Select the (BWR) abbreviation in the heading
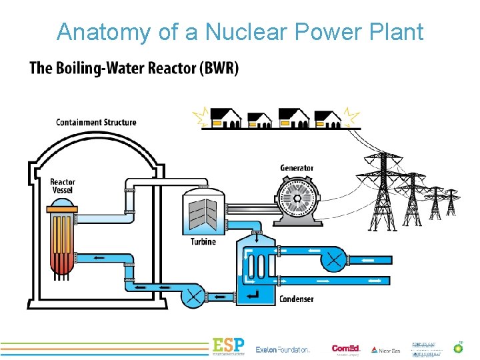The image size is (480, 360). [217, 69]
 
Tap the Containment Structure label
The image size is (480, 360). [96, 123]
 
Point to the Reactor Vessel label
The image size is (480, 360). [63, 186]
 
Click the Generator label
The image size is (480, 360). [297, 168]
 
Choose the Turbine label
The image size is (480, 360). [203, 241]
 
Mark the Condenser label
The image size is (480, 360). [296, 299]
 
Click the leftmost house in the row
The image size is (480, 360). [225, 119]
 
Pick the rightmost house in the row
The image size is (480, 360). [328, 119]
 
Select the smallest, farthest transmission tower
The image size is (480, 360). [453, 203]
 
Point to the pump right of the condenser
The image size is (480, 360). [333, 258]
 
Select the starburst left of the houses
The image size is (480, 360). [200, 118]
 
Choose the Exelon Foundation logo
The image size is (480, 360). [283, 349]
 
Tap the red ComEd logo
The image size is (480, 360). [345, 348]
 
